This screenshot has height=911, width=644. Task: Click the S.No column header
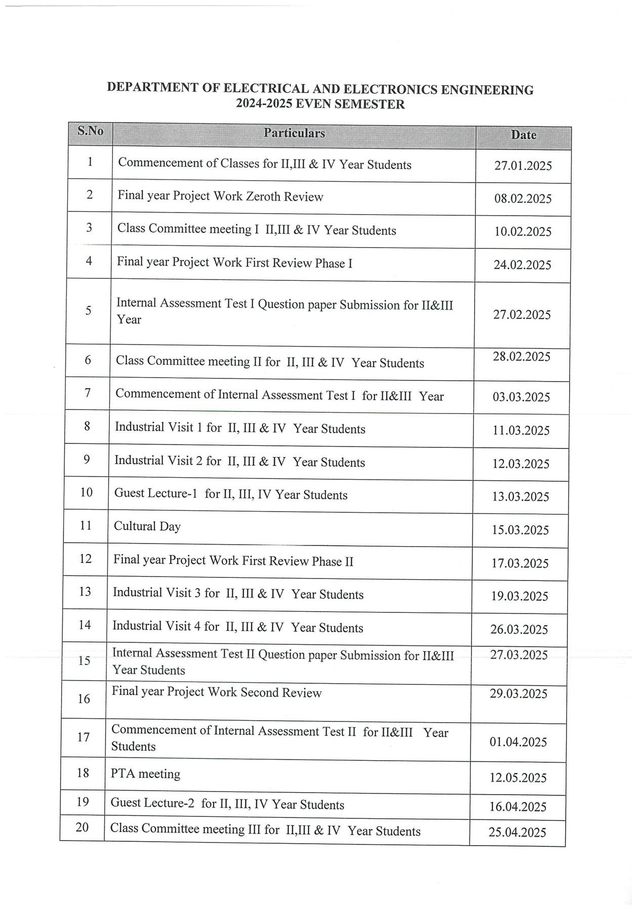tap(90, 131)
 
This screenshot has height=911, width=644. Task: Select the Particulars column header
tap(294, 133)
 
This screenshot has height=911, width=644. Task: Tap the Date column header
tap(523, 135)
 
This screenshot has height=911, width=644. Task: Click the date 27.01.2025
tap(523, 166)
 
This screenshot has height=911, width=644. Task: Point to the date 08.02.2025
tap(523, 199)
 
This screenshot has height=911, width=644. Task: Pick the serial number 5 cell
tap(89, 310)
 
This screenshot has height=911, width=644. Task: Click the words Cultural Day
tap(147, 526)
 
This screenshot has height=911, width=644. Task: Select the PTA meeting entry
tap(145, 774)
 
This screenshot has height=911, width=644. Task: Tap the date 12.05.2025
tap(518, 778)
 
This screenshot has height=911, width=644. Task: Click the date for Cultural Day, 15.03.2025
tap(520, 530)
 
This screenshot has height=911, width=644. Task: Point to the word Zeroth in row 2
tap(263, 196)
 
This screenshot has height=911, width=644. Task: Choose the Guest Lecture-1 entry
tap(155, 493)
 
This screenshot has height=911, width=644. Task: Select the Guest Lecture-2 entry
tap(152, 803)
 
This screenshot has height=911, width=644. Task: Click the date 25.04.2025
tap(517, 833)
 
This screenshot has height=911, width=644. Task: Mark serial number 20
tap(82, 827)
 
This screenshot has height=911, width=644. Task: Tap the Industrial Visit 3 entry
tap(159, 593)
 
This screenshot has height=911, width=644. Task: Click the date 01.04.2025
tap(518, 742)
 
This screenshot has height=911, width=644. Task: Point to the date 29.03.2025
tap(519, 694)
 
